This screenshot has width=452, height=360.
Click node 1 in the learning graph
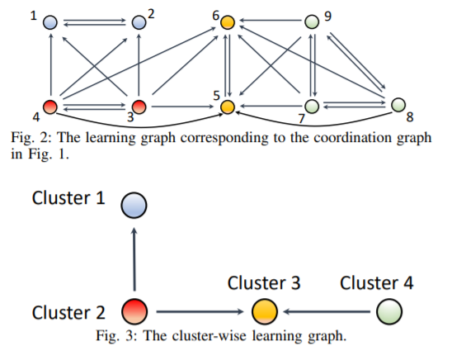coord(50,22)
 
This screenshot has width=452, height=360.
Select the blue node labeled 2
coord(139,22)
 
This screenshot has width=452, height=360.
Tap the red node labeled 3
coord(139,107)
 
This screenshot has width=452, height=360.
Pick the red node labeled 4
coord(50,107)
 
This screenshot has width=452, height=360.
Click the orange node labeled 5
coord(228,107)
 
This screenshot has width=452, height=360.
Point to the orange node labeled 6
coord(228,22)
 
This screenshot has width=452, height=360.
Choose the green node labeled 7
coord(312,107)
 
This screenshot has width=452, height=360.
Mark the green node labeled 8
coord(398,104)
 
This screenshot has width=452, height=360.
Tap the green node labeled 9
coord(312,21)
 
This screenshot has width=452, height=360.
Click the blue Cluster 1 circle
coord(134,205)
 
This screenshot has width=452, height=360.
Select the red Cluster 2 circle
coord(134,311)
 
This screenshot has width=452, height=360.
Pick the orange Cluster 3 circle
coord(265,311)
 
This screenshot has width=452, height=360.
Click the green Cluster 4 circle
coord(389,311)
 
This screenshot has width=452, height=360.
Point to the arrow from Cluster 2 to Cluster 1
coord(134,259)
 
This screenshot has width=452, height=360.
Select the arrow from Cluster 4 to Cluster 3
coord(327,311)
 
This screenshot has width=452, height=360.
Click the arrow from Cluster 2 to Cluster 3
coord(200,311)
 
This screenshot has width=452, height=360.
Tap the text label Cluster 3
coord(264,282)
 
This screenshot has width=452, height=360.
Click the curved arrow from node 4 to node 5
coord(139,126)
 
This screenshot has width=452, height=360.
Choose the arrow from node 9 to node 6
coord(270,21)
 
